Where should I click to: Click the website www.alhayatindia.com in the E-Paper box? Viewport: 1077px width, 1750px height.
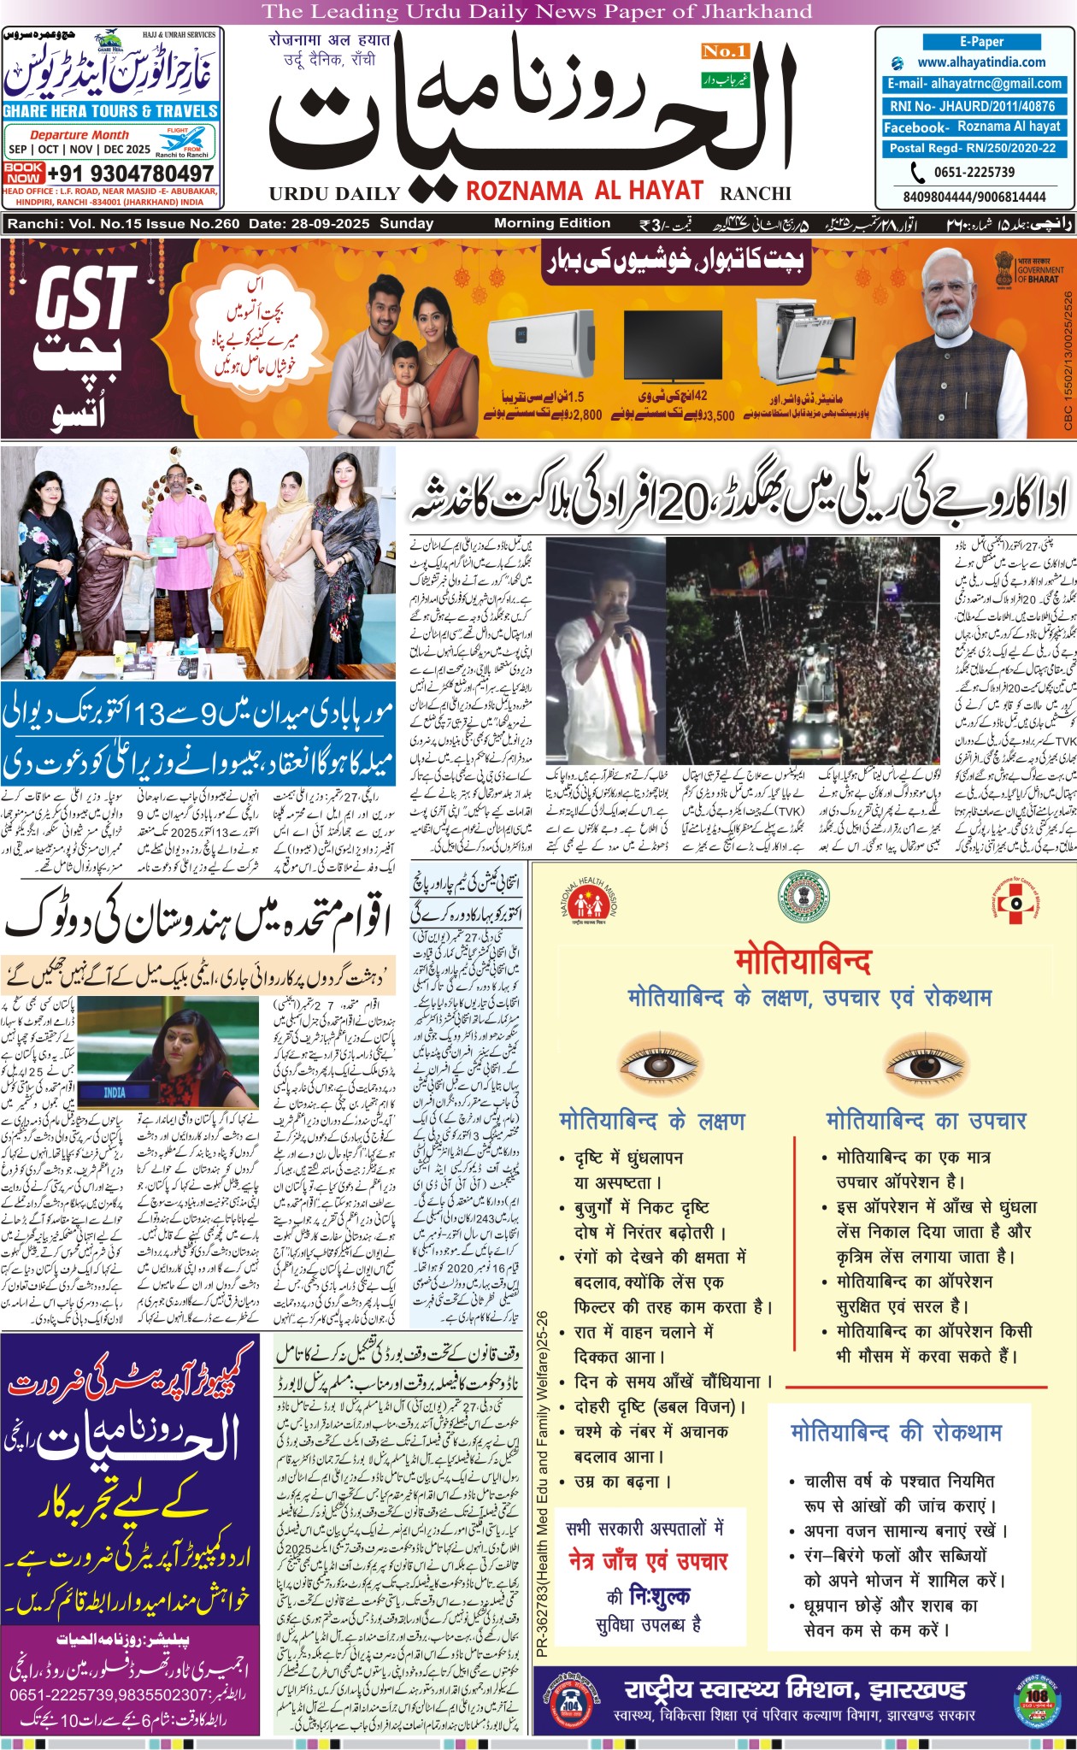[980, 62]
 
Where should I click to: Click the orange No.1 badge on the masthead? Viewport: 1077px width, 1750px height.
[725, 51]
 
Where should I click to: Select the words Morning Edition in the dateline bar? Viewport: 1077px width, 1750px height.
[552, 223]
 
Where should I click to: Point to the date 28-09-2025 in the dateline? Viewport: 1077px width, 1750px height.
[328, 224]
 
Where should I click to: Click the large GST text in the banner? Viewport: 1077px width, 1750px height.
[85, 298]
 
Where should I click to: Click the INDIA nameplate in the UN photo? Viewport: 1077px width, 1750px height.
[114, 1093]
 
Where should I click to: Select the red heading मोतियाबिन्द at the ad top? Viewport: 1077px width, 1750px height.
[803, 962]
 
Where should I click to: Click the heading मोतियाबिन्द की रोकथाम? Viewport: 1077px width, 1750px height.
[896, 1432]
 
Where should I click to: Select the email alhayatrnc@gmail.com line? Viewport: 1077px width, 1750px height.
[974, 84]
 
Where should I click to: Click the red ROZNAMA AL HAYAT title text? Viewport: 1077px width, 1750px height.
[585, 191]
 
